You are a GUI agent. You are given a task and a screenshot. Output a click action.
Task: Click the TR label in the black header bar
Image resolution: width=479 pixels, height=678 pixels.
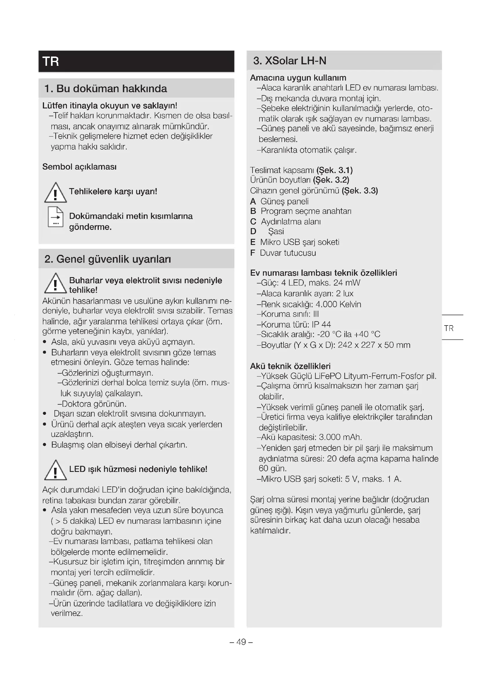coord(51,61)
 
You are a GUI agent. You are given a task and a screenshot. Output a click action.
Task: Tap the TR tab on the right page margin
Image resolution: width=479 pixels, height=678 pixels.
coord(449,328)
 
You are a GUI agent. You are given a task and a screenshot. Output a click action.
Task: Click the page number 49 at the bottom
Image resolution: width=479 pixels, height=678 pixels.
coord(241,642)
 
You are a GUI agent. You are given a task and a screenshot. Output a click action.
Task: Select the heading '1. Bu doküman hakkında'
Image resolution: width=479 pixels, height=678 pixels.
coord(106,89)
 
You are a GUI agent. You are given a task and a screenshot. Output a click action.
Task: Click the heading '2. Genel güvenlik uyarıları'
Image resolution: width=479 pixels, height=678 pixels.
coord(108,259)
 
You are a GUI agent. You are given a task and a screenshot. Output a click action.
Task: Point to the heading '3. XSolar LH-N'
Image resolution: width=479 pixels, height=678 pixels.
coord(290,61)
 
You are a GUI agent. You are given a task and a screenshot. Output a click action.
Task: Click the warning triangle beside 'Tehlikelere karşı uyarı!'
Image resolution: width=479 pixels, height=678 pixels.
coord(55,193)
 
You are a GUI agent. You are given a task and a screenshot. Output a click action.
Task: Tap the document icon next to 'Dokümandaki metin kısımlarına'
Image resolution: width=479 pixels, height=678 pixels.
coord(55,217)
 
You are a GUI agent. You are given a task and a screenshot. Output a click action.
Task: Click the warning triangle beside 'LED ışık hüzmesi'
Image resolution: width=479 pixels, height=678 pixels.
coord(55,470)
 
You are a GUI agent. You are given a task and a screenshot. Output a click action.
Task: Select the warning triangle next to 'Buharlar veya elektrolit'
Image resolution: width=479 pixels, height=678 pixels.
coord(55,283)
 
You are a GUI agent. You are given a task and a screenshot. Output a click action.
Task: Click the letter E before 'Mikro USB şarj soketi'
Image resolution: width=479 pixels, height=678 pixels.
coord(253,242)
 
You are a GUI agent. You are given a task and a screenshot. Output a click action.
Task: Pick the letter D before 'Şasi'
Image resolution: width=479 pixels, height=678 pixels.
coord(253,231)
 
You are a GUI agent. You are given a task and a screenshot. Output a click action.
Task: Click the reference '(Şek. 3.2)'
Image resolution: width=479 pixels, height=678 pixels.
coord(331,180)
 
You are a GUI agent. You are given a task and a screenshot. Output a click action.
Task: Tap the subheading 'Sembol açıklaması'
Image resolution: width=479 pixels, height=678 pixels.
coord(79,167)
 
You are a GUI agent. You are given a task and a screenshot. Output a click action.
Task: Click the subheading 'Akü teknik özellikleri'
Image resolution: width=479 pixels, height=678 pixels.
coord(290,366)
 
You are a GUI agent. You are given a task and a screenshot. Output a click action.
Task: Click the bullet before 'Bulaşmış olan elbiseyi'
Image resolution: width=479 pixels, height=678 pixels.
coord(45,445)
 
